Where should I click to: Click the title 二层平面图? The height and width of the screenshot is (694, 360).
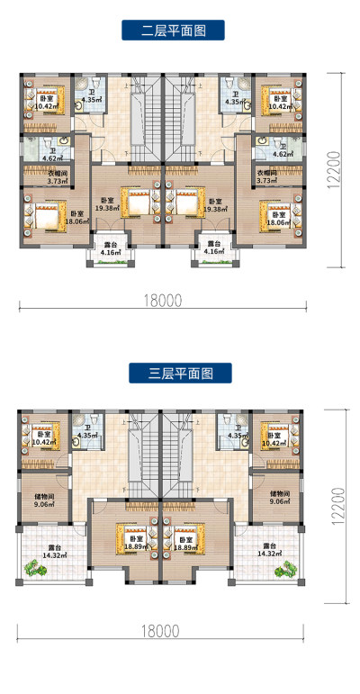[174, 31]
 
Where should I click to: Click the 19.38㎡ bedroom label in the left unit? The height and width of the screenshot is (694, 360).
[108, 204]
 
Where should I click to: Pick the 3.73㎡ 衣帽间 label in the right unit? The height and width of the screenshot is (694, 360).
[267, 176]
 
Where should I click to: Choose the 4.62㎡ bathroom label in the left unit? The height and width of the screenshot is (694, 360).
[50, 154]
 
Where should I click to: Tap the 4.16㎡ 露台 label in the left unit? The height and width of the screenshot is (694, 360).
[110, 248]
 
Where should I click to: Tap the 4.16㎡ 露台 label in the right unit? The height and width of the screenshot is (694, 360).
[214, 248]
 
